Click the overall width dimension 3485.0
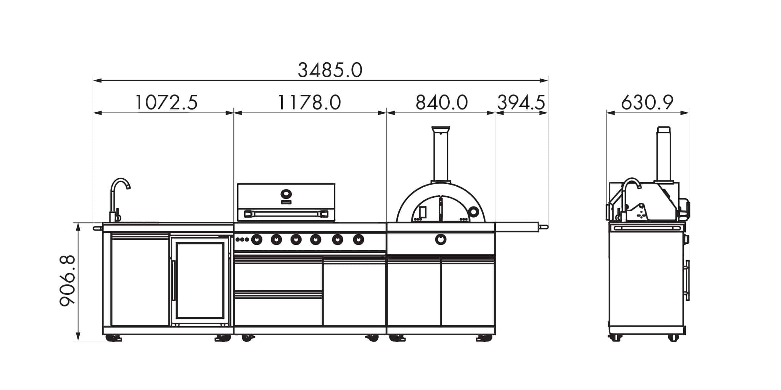330,70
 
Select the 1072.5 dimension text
166,102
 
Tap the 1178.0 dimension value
309,102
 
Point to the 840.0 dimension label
441,102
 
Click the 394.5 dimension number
521,102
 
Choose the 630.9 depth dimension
647,102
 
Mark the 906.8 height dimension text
67,281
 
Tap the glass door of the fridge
200,280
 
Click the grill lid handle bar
286,214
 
